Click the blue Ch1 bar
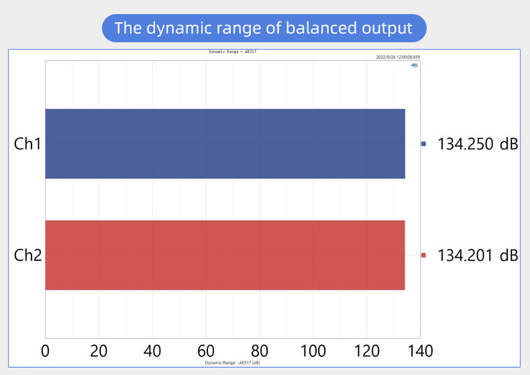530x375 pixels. (x=225, y=144)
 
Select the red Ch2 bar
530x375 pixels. (x=225, y=255)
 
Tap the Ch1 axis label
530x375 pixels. (x=28, y=144)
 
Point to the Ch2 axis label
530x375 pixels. (x=28, y=256)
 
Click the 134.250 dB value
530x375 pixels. (x=478, y=144)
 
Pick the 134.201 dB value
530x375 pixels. (x=478, y=255)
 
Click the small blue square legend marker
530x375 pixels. (x=423, y=144)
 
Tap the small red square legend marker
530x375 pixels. (x=423, y=255)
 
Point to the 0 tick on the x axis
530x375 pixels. (x=46, y=351)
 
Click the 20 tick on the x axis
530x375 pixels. (x=99, y=351)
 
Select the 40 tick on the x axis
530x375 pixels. (x=152, y=351)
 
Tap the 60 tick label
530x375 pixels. (x=206, y=351)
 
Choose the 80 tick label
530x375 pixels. (x=260, y=351)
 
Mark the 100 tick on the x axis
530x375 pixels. (x=313, y=351)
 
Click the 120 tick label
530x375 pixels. (x=366, y=351)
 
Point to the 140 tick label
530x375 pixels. (x=419, y=351)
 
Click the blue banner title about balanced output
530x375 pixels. (x=264, y=28)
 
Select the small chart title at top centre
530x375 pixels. (x=233, y=52)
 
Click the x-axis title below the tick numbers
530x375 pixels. (x=232, y=362)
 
